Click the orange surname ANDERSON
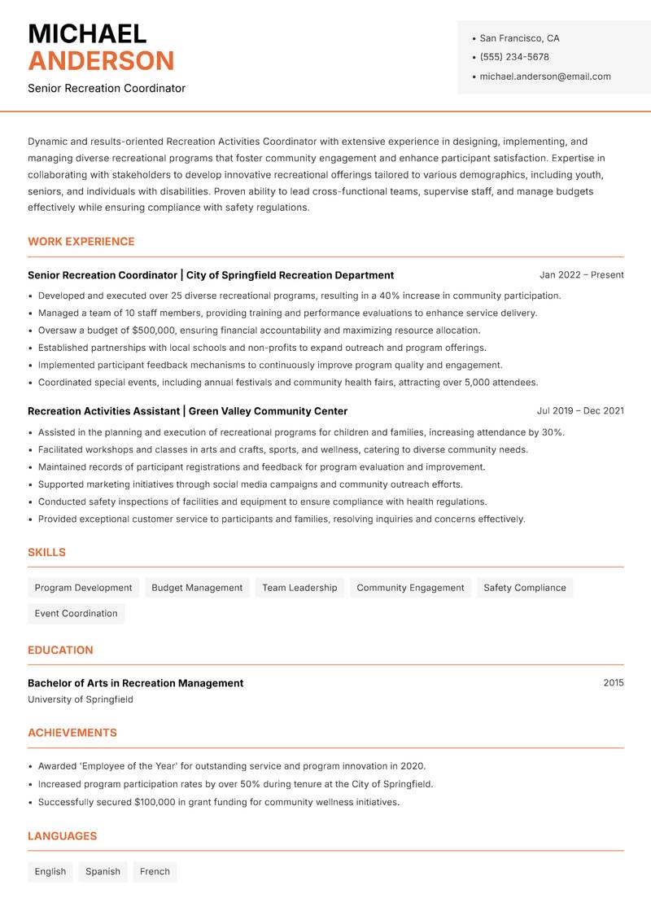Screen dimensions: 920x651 click(x=101, y=61)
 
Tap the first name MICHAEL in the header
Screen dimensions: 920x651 click(x=87, y=34)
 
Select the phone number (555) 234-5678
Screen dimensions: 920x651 click(x=514, y=57)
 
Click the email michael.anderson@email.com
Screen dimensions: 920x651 click(x=545, y=77)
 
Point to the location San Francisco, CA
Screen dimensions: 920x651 click(x=519, y=38)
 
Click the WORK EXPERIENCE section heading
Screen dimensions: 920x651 click(x=81, y=242)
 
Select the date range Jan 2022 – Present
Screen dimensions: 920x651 click(x=581, y=275)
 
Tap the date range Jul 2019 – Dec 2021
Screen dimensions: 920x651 click(x=580, y=411)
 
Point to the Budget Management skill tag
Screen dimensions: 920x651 click(x=197, y=588)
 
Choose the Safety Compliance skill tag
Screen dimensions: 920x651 click(x=524, y=588)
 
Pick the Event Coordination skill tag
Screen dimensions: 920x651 click(x=76, y=614)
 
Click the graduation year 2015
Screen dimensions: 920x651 click(x=614, y=683)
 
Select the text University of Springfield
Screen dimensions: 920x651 click(x=81, y=699)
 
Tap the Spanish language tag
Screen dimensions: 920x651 click(x=103, y=872)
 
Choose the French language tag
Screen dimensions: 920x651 click(x=155, y=872)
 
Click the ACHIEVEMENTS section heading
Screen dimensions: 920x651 click(x=72, y=733)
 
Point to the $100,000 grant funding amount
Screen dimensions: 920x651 click(x=129, y=802)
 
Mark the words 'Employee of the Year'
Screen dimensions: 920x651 click(x=130, y=766)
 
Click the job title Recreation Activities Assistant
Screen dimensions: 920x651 click(x=103, y=411)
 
